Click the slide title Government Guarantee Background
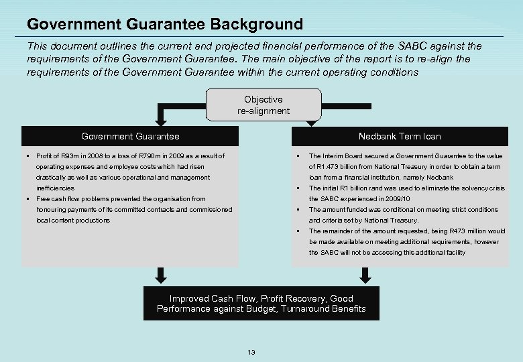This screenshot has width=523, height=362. pos(165,25)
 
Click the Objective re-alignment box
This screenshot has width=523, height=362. pos(263,105)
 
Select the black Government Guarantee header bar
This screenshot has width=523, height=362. pos(130,136)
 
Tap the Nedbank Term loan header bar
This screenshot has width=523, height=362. pos(399,136)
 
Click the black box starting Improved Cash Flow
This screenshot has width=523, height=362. pos(261,304)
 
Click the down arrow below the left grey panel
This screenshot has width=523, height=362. pos(161,276)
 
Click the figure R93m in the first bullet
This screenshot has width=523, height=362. pos(70,156)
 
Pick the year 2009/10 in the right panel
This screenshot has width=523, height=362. pos(396,199)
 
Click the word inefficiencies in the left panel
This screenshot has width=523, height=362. pos(55,188)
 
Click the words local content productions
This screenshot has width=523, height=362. pos(72,221)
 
